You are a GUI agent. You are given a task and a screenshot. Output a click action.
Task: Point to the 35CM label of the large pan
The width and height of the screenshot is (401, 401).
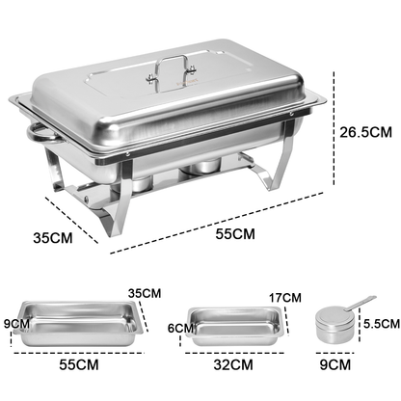point(146,294)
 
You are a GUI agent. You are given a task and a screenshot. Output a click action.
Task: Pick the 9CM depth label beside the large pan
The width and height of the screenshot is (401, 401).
point(15,325)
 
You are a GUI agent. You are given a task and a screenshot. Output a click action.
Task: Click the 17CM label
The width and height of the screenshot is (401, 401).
point(284,298)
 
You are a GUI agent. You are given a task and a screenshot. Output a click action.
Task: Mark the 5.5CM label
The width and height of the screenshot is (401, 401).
point(379,326)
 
